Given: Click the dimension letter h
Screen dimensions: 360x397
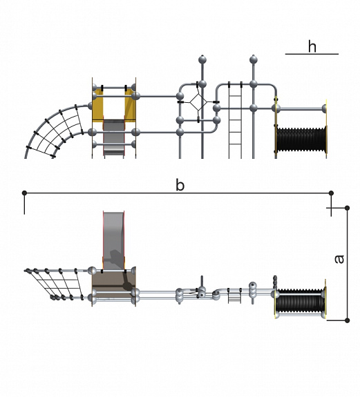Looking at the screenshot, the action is [312, 46].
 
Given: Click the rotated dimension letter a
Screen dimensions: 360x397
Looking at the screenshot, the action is [339, 259].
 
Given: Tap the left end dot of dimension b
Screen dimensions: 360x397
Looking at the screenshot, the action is [24, 193].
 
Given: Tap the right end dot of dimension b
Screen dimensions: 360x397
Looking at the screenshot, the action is [331, 193].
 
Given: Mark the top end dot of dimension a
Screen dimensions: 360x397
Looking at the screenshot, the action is [347, 208].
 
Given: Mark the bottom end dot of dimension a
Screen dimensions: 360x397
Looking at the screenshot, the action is [347, 320].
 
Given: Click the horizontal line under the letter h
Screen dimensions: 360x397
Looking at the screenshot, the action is [312, 54].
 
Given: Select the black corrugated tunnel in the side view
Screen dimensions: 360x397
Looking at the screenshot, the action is [301, 139].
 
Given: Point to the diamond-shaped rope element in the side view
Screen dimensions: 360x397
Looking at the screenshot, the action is [198, 101].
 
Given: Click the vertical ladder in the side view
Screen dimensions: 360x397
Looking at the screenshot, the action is [235, 120].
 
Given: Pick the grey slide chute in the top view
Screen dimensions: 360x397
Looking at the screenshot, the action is [114, 240].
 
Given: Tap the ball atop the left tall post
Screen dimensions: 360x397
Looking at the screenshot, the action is [202, 60].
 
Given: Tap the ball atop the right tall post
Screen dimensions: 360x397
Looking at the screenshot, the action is [254, 60].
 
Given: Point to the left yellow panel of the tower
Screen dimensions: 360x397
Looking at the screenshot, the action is [98, 105].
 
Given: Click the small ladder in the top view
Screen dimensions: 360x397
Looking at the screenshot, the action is [235, 296].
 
